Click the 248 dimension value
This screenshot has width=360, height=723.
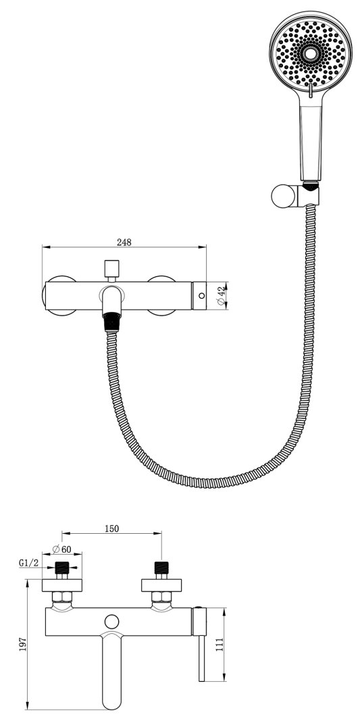pos(124,242)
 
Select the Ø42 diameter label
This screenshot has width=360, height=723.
pos(222,295)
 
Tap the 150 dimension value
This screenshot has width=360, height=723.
pos(111,528)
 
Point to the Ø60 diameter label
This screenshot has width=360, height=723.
pos(61,549)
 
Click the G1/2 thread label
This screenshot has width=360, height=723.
pos(28,563)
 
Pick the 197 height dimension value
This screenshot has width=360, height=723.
pos(23,644)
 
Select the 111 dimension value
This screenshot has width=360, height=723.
pos(220,644)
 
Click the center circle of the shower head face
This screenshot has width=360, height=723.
pos(311,53)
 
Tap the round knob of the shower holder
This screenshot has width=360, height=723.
pos(283,197)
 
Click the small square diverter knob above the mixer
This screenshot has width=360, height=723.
pos(111,268)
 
